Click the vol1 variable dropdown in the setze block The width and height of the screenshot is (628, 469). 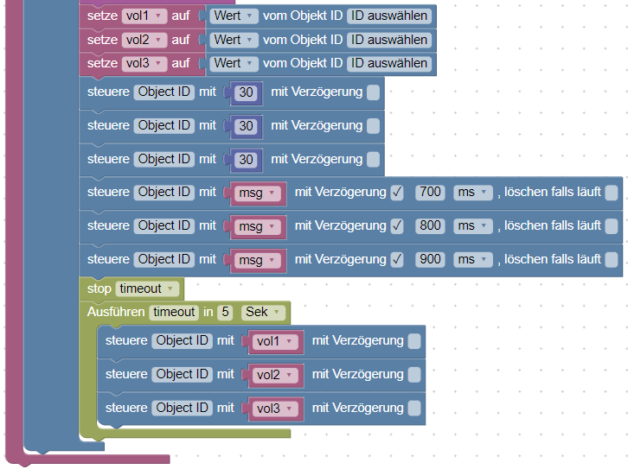click(x=143, y=16)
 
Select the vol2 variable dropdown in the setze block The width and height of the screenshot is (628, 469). click(x=143, y=40)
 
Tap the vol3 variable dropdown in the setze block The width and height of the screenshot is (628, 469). click(x=143, y=63)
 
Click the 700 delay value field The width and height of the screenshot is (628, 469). click(x=430, y=192)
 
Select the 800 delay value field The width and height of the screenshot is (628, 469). click(x=430, y=225)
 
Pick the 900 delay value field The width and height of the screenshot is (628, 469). click(x=430, y=259)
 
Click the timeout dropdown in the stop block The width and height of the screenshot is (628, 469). click(x=147, y=288)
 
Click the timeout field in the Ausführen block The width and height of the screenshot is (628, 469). click(x=173, y=312)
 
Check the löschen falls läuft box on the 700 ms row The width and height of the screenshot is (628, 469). click(x=612, y=192)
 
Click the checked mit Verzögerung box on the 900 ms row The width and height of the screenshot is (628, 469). click(x=397, y=259)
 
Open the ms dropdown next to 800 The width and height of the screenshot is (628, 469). click(x=472, y=225)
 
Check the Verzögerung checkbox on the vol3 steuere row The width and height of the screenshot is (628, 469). click(x=414, y=408)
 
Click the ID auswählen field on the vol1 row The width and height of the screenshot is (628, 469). click(x=388, y=16)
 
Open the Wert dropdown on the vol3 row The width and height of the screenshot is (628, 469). click(x=234, y=63)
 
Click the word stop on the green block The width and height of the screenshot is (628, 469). click(x=99, y=288)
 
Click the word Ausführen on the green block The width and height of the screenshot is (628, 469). click(x=116, y=312)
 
